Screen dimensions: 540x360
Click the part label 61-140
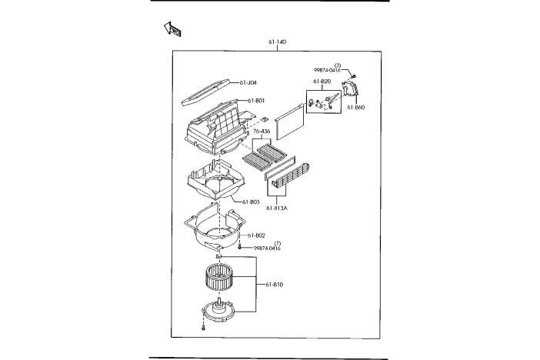pos(277,42)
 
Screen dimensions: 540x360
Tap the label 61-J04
pos(248,82)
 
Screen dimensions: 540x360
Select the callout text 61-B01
pos(256,101)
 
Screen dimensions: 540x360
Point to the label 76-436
pos(262,132)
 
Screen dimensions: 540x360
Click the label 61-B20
pos(322,82)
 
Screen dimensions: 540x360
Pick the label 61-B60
pos(355,108)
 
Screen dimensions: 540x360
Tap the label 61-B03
pos(251,202)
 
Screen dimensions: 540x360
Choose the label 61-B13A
pos(277,208)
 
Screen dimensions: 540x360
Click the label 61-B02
pos(256,235)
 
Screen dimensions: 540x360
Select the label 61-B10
pos(274,285)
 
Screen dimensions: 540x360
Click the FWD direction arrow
pos(172,29)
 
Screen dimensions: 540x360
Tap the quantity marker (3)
pos(338,65)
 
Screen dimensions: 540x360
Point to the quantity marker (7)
pos(278,244)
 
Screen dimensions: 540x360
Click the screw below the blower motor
pos(203,327)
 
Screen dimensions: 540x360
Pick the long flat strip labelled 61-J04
pos(205,92)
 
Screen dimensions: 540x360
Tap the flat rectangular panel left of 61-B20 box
pos(290,122)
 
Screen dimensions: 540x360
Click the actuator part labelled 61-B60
pos(350,88)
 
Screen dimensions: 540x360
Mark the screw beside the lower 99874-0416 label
pos(240,248)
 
